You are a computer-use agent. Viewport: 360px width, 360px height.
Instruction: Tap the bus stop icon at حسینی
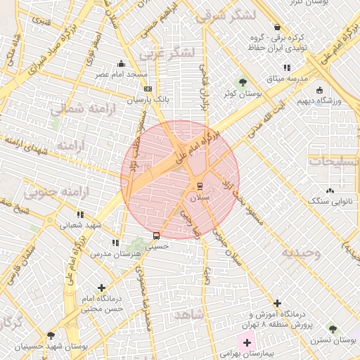[156, 236]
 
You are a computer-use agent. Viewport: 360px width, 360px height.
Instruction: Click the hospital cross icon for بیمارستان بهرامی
[247, 342]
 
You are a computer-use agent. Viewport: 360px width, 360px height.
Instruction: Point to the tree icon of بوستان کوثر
[243, 82]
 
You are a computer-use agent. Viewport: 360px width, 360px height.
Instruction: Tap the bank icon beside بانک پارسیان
[148, 89]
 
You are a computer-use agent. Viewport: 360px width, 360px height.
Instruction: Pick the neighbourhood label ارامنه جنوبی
[53, 191]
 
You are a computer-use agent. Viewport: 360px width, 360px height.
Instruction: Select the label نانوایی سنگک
[328, 201]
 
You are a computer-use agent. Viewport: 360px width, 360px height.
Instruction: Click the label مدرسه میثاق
[290, 79]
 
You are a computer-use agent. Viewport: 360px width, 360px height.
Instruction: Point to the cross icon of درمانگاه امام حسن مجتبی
[103, 288]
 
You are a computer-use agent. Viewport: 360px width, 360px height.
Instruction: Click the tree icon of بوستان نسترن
[333, 329]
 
